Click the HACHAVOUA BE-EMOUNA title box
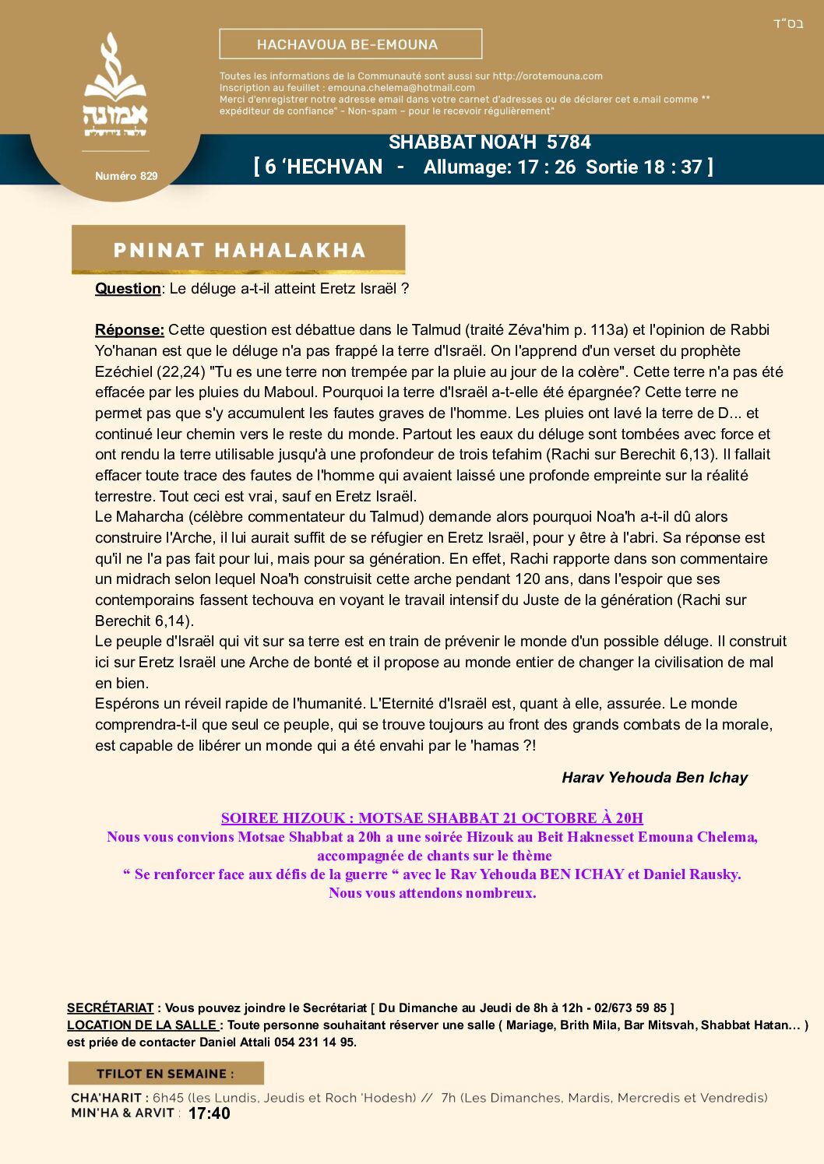[x=350, y=44]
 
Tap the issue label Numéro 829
[x=126, y=176]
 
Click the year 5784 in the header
[x=569, y=142]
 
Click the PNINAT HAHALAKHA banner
[x=238, y=250]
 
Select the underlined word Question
[x=128, y=289]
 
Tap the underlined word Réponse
[x=129, y=330]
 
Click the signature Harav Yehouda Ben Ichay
[x=654, y=778]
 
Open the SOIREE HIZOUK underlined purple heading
[x=431, y=818]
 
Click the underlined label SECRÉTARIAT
[x=110, y=1008]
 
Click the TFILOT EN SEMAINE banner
[x=165, y=1074]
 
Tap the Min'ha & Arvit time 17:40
[x=209, y=1113]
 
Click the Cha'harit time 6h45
[x=167, y=1098]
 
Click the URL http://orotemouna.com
[x=548, y=76]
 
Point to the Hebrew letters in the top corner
[x=787, y=23]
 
